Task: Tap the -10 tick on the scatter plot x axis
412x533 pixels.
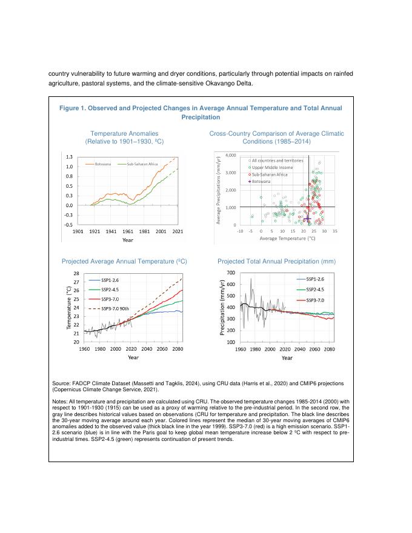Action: [x=240, y=231]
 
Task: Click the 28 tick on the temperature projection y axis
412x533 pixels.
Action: [x=76, y=274]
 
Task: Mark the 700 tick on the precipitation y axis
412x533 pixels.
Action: [x=231, y=274]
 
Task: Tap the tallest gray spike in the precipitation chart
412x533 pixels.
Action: [x=251, y=277]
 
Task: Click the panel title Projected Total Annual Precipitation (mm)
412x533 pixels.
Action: [x=276, y=261]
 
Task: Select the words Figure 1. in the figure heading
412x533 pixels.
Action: [x=71, y=108]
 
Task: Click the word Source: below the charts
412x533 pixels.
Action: [x=62, y=384]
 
